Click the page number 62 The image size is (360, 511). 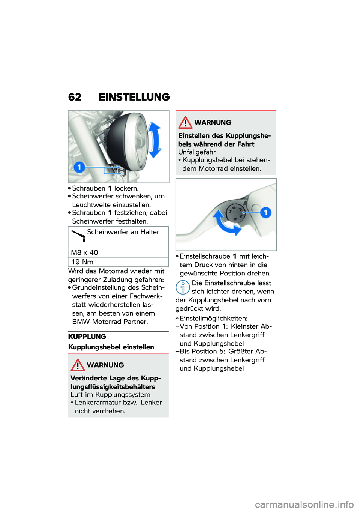tap(75, 97)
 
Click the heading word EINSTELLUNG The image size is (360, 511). tap(134, 97)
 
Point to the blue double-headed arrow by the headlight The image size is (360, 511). tap(154, 140)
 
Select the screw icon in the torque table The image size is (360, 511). tap(79, 236)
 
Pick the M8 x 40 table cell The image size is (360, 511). tap(85, 252)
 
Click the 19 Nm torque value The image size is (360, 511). tap(82, 262)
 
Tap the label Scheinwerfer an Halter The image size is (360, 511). tap(123, 232)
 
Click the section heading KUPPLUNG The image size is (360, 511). tap(87, 337)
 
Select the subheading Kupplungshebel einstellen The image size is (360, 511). tap(111, 347)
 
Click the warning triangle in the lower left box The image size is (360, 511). tap(78, 365)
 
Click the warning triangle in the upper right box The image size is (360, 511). tap(185, 123)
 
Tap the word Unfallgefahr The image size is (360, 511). tap(197, 152)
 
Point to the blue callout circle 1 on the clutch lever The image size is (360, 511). tap(265, 213)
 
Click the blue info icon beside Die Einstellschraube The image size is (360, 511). tap(183, 287)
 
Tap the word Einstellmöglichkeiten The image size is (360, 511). tap(213, 318)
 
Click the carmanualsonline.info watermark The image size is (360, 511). tap(304, 505)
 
